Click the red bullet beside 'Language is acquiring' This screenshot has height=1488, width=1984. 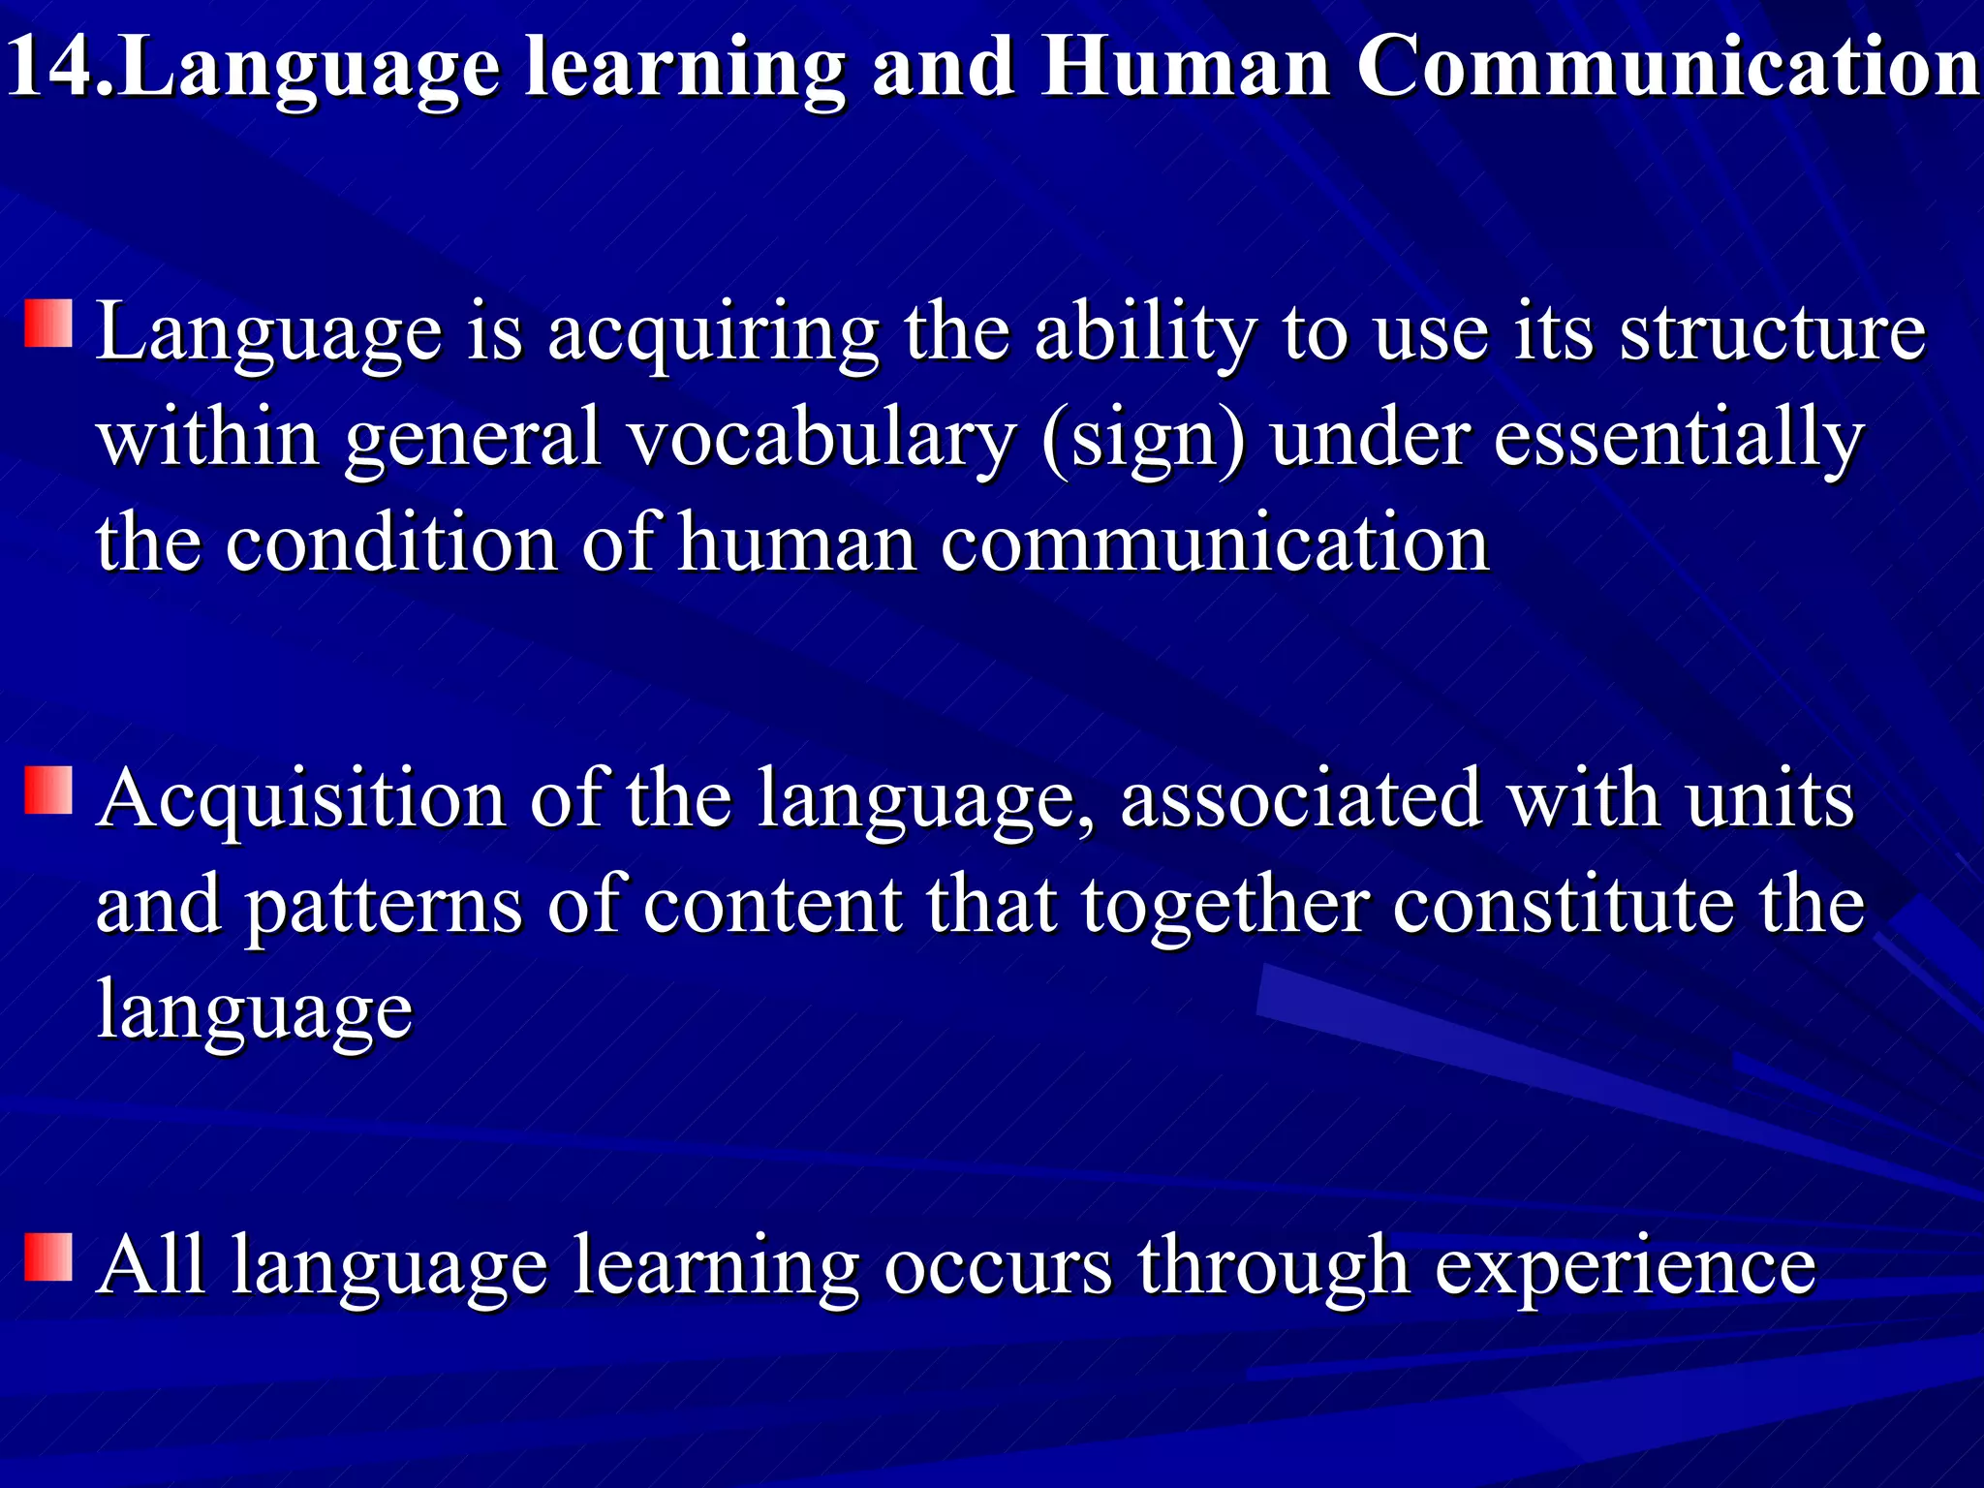coord(48,324)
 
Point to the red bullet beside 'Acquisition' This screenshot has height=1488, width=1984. coord(48,790)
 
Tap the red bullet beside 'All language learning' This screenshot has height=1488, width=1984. coord(48,1257)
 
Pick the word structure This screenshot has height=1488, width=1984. coord(1773,331)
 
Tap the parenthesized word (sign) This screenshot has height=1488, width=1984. coord(1143,439)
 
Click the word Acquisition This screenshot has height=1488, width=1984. coord(301,800)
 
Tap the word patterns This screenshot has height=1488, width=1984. coord(383,907)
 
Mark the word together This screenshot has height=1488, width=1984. coord(1225,907)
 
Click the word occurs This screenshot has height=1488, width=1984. coord(998,1266)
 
